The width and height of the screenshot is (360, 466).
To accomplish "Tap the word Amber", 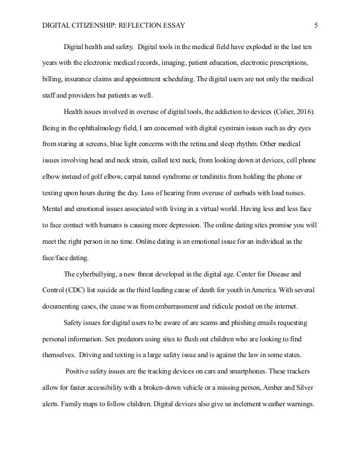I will [x=267, y=389].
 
